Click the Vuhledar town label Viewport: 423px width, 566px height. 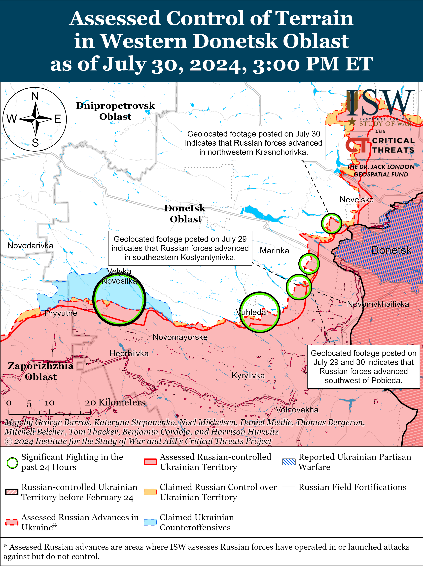pyautogui.click(x=252, y=312)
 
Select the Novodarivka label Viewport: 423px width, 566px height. pyautogui.click(x=30, y=246)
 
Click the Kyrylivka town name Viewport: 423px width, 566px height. pyautogui.click(x=248, y=375)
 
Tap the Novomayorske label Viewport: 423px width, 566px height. pyautogui.click(x=180, y=337)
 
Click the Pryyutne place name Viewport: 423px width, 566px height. pyautogui.click(x=61, y=313)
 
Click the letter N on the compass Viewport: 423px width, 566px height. pyautogui.click(x=35, y=96)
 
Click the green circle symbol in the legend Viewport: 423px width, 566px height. pyautogui.click(x=12, y=463)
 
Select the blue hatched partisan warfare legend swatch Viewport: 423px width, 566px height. pyautogui.click(x=289, y=462)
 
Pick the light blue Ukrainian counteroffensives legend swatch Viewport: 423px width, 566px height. pyautogui.click(x=150, y=522)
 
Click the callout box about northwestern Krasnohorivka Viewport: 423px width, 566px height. pyautogui.click(x=254, y=143)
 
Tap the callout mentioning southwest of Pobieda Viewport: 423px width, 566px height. pyautogui.click(x=363, y=367)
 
